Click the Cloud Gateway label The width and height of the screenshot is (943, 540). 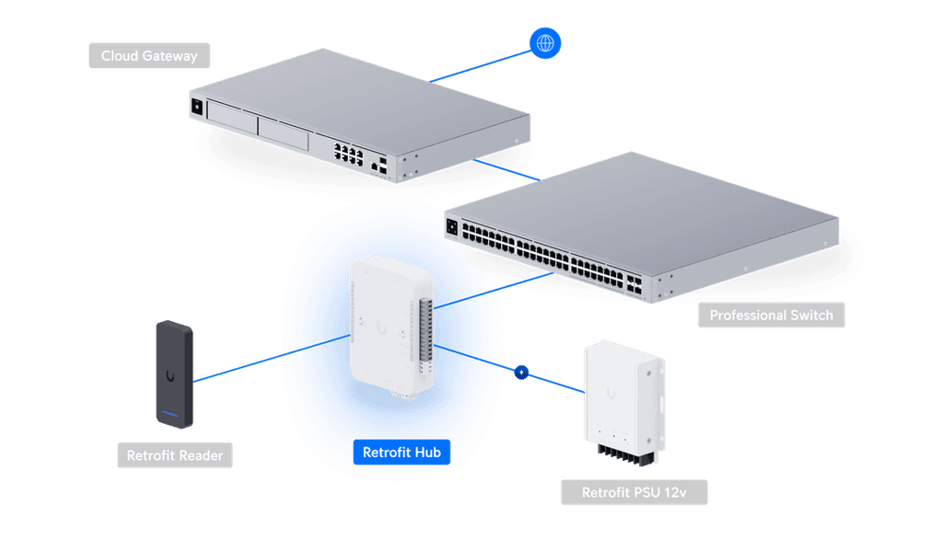(x=149, y=56)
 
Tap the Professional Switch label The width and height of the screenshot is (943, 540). (x=771, y=316)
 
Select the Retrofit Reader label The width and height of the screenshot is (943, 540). (x=174, y=455)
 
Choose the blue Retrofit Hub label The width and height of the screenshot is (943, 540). (x=402, y=453)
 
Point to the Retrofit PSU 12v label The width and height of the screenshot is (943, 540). (x=633, y=493)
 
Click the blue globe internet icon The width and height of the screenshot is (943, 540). (x=545, y=42)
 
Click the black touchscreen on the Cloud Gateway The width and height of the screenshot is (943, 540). (x=196, y=107)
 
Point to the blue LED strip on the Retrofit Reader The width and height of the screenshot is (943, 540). (x=172, y=411)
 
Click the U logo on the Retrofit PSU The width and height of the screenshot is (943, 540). (x=611, y=393)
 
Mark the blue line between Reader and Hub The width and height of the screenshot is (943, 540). (x=267, y=358)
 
